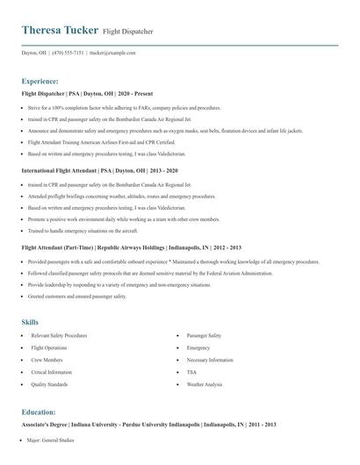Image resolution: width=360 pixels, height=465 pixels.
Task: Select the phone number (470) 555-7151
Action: tap(68, 53)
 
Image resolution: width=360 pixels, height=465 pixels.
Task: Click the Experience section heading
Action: tap(40, 81)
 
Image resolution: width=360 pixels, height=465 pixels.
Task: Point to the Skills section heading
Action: tap(30, 322)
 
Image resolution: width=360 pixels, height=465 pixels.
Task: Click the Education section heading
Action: tap(40, 411)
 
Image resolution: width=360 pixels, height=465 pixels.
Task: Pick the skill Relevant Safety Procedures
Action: tap(59, 336)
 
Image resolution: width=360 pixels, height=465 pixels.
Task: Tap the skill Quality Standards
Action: tap(49, 384)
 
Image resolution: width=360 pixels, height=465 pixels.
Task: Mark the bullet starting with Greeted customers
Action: tap(77, 297)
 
